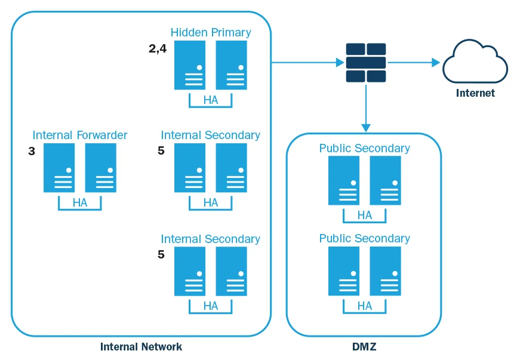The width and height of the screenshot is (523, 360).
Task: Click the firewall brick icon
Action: pos(366,63)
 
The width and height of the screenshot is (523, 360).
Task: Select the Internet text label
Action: pos(475,93)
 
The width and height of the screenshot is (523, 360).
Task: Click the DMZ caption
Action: pos(364,346)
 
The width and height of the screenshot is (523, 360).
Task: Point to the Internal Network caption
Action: pos(141,346)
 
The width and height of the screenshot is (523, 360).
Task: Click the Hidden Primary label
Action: pos(211,32)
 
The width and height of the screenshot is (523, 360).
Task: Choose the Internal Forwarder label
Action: pos(80,135)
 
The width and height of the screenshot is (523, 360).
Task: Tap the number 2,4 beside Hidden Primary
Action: pos(158,49)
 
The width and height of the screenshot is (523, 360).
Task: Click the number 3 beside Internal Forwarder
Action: pos(32,152)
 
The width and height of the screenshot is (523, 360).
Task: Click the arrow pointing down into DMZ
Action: pos(366,107)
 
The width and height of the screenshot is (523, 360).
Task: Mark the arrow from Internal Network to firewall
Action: pos(307,62)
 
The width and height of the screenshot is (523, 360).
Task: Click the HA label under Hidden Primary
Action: pos(211,100)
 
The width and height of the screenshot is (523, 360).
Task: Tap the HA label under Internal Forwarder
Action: pos(80,203)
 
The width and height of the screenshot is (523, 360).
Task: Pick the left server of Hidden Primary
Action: pos(190,65)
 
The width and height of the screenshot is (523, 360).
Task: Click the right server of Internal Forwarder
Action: pos(101,168)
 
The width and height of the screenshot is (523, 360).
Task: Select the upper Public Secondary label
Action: pos(364,148)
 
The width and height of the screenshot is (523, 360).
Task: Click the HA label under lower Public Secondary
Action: pos(364,306)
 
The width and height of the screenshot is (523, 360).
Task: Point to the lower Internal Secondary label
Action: pos(211,239)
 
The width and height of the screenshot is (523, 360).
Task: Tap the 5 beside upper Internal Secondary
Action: pos(161,152)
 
